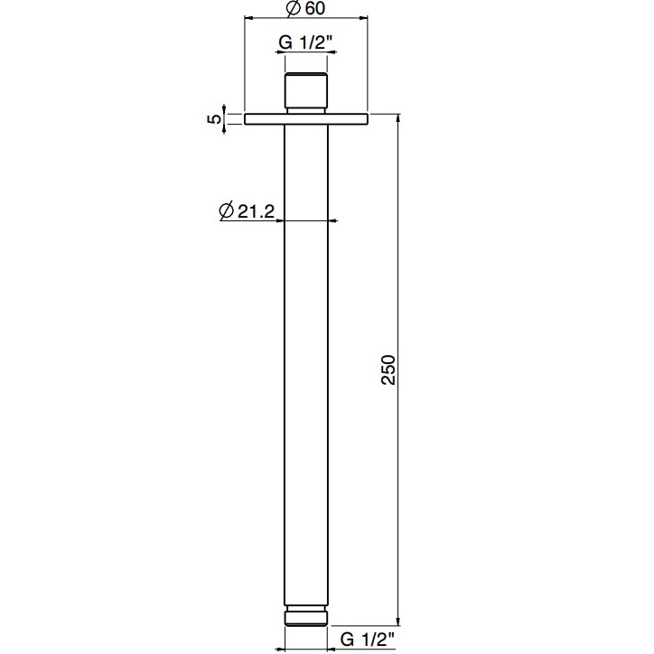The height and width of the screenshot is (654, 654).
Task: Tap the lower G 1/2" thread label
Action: (x=369, y=640)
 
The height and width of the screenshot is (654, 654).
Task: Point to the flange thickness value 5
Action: (x=214, y=119)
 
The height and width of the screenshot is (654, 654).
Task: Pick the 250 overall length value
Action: (x=388, y=369)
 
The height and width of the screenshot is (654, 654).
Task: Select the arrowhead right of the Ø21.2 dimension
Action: (x=331, y=220)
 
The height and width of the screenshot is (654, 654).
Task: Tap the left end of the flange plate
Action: (x=247, y=119)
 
